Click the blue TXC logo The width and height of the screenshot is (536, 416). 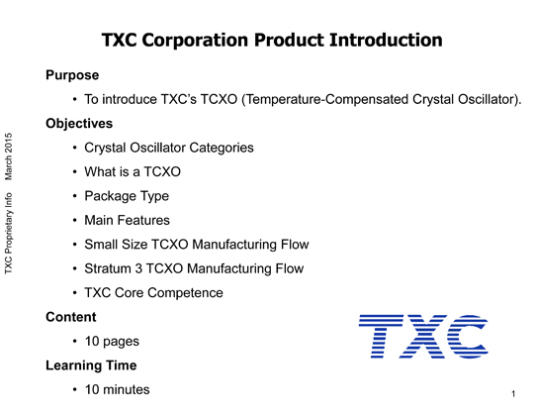click(x=423, y=336)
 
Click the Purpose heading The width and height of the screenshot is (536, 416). click(x=72, y=75)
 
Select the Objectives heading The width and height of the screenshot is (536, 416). click(x=79, y=124)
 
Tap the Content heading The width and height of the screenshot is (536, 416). click(x=71, y=317)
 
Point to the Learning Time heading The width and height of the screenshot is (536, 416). click(x=91, y=365)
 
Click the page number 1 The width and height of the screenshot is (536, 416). click(x=513, y=394)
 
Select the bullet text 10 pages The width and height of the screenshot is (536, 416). click(x=112, y=342)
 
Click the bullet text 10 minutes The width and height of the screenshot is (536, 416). click(x=117, y=389)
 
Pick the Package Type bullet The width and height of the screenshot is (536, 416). click(x=127, y=196)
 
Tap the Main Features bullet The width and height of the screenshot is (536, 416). click(x=127, y=220)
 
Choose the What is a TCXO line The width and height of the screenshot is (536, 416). click(x=133, y=172)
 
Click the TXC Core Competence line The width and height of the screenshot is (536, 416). click(x=153, y=293)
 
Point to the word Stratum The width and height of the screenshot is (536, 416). click(x=108, y=268)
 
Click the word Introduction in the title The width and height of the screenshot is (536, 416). click(x=386, y=40)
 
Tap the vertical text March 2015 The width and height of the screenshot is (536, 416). click(x=9, y=156)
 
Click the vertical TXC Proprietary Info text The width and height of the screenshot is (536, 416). click(x=9, y=233)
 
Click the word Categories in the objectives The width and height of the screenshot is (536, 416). click(x=222, y=148)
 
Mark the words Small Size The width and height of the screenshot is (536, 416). click(x=116, y=245)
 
